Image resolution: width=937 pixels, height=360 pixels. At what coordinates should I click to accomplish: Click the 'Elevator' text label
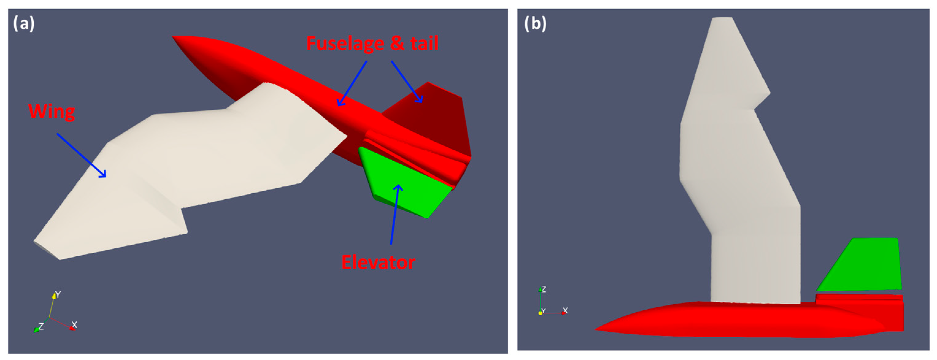(378, 262)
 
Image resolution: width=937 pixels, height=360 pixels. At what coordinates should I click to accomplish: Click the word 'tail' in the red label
(424, 44)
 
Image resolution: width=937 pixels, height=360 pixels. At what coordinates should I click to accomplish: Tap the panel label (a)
(24, 24)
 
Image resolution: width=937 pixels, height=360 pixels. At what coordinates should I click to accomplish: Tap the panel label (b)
(535, 24)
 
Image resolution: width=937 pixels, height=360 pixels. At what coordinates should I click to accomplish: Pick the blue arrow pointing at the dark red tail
(407, 82)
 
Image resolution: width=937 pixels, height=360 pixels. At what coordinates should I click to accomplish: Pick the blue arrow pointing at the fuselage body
(352, 83)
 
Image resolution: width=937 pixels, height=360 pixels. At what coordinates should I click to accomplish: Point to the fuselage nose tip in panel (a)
(174, 37)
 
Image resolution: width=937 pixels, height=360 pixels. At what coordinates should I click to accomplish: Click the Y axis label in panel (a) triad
(58, 294)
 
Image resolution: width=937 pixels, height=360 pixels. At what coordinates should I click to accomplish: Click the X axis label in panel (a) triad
(74, 324)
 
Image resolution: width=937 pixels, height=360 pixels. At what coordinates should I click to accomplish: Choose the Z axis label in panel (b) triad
(544, 289)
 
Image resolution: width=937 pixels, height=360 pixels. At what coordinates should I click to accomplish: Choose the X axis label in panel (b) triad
(565, 311)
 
